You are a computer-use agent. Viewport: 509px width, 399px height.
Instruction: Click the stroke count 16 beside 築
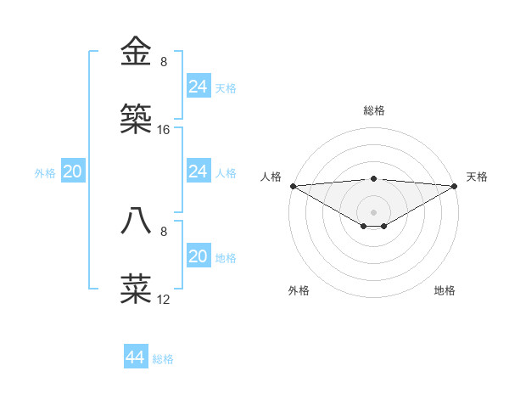click(164, 130)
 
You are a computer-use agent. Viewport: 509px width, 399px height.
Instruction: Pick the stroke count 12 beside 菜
click(164, 300)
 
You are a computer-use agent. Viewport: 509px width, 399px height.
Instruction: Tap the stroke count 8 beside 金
click(164, 62)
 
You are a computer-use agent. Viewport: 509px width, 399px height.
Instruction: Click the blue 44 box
click(135, 357)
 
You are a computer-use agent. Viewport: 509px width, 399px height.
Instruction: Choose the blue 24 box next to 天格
click(198, 87)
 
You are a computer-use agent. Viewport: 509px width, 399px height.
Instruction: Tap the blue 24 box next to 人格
click(198, 171)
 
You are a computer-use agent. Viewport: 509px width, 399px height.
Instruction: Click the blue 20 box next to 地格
click(198, 256)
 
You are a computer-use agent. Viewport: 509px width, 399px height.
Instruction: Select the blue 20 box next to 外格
click(72, 171)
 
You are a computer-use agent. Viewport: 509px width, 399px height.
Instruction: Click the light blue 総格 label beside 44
click(163, 359)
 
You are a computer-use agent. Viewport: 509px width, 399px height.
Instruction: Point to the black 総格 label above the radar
click(373, 110)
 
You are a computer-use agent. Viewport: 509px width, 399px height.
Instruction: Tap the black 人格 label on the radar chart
click(271, 177)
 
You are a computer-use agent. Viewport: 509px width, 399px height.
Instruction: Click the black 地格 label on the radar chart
click(445, 290)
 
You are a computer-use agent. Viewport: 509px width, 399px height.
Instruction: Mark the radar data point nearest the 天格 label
click(456, 186)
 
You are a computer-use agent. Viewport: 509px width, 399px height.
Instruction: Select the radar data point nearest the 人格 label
click(292, 186)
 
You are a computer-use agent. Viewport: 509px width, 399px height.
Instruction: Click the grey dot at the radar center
click(373, 212)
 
